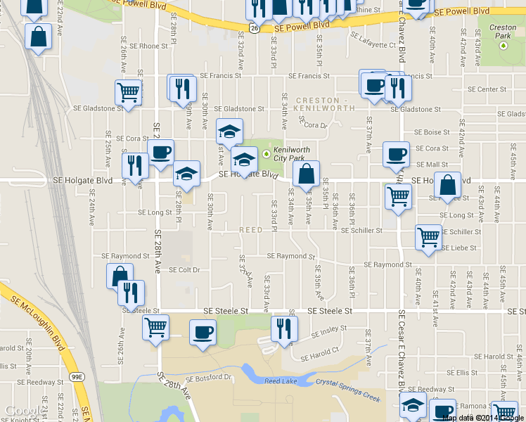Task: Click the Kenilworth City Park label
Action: [x=291, y=155]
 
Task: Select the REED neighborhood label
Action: [x=251, y=230]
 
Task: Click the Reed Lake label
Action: [x=280, y=381]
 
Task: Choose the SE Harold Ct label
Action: [x=320, y=354]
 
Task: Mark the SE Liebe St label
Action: [x=459, y=248]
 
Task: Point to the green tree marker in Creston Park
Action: [x=503, y=46]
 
